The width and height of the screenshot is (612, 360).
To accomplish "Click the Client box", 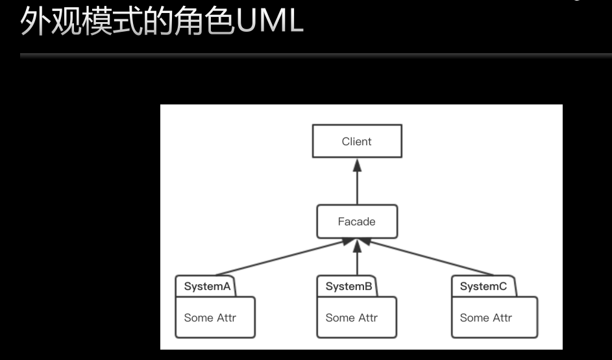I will [356, 141].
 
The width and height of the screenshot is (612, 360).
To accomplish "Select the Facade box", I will [356, 222].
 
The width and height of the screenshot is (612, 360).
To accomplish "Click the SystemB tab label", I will [349, 287].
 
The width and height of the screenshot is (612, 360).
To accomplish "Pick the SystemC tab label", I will [483, 287].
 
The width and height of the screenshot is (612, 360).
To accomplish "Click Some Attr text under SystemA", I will [210, 318].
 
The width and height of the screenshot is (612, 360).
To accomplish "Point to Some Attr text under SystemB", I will [351, 318].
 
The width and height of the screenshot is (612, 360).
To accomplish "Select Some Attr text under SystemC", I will [485, 318].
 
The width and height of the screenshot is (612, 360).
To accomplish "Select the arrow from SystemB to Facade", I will [357, 259].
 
